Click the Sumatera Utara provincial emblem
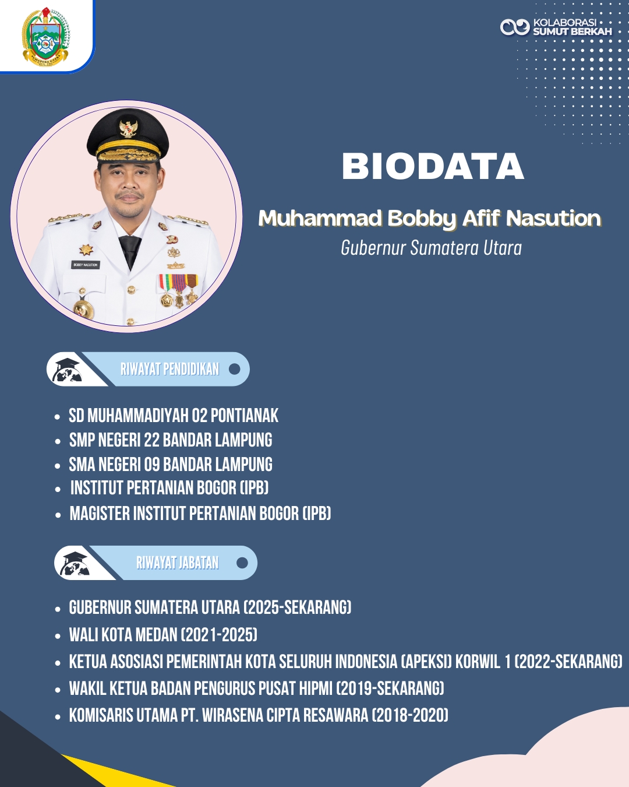point(45,37)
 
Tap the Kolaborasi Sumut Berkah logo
point(556,27)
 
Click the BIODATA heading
point(433,166)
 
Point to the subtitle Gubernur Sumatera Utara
point(431,248)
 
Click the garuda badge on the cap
point(128,129)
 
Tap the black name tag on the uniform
point(86,265)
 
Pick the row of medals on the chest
point(178,290)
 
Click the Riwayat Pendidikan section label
point(170,369)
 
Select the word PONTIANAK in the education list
point(245,416)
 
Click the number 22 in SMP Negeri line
point(151,440)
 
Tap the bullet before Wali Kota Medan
point(58,637)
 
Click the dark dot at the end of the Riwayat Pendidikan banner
point(235,369)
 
